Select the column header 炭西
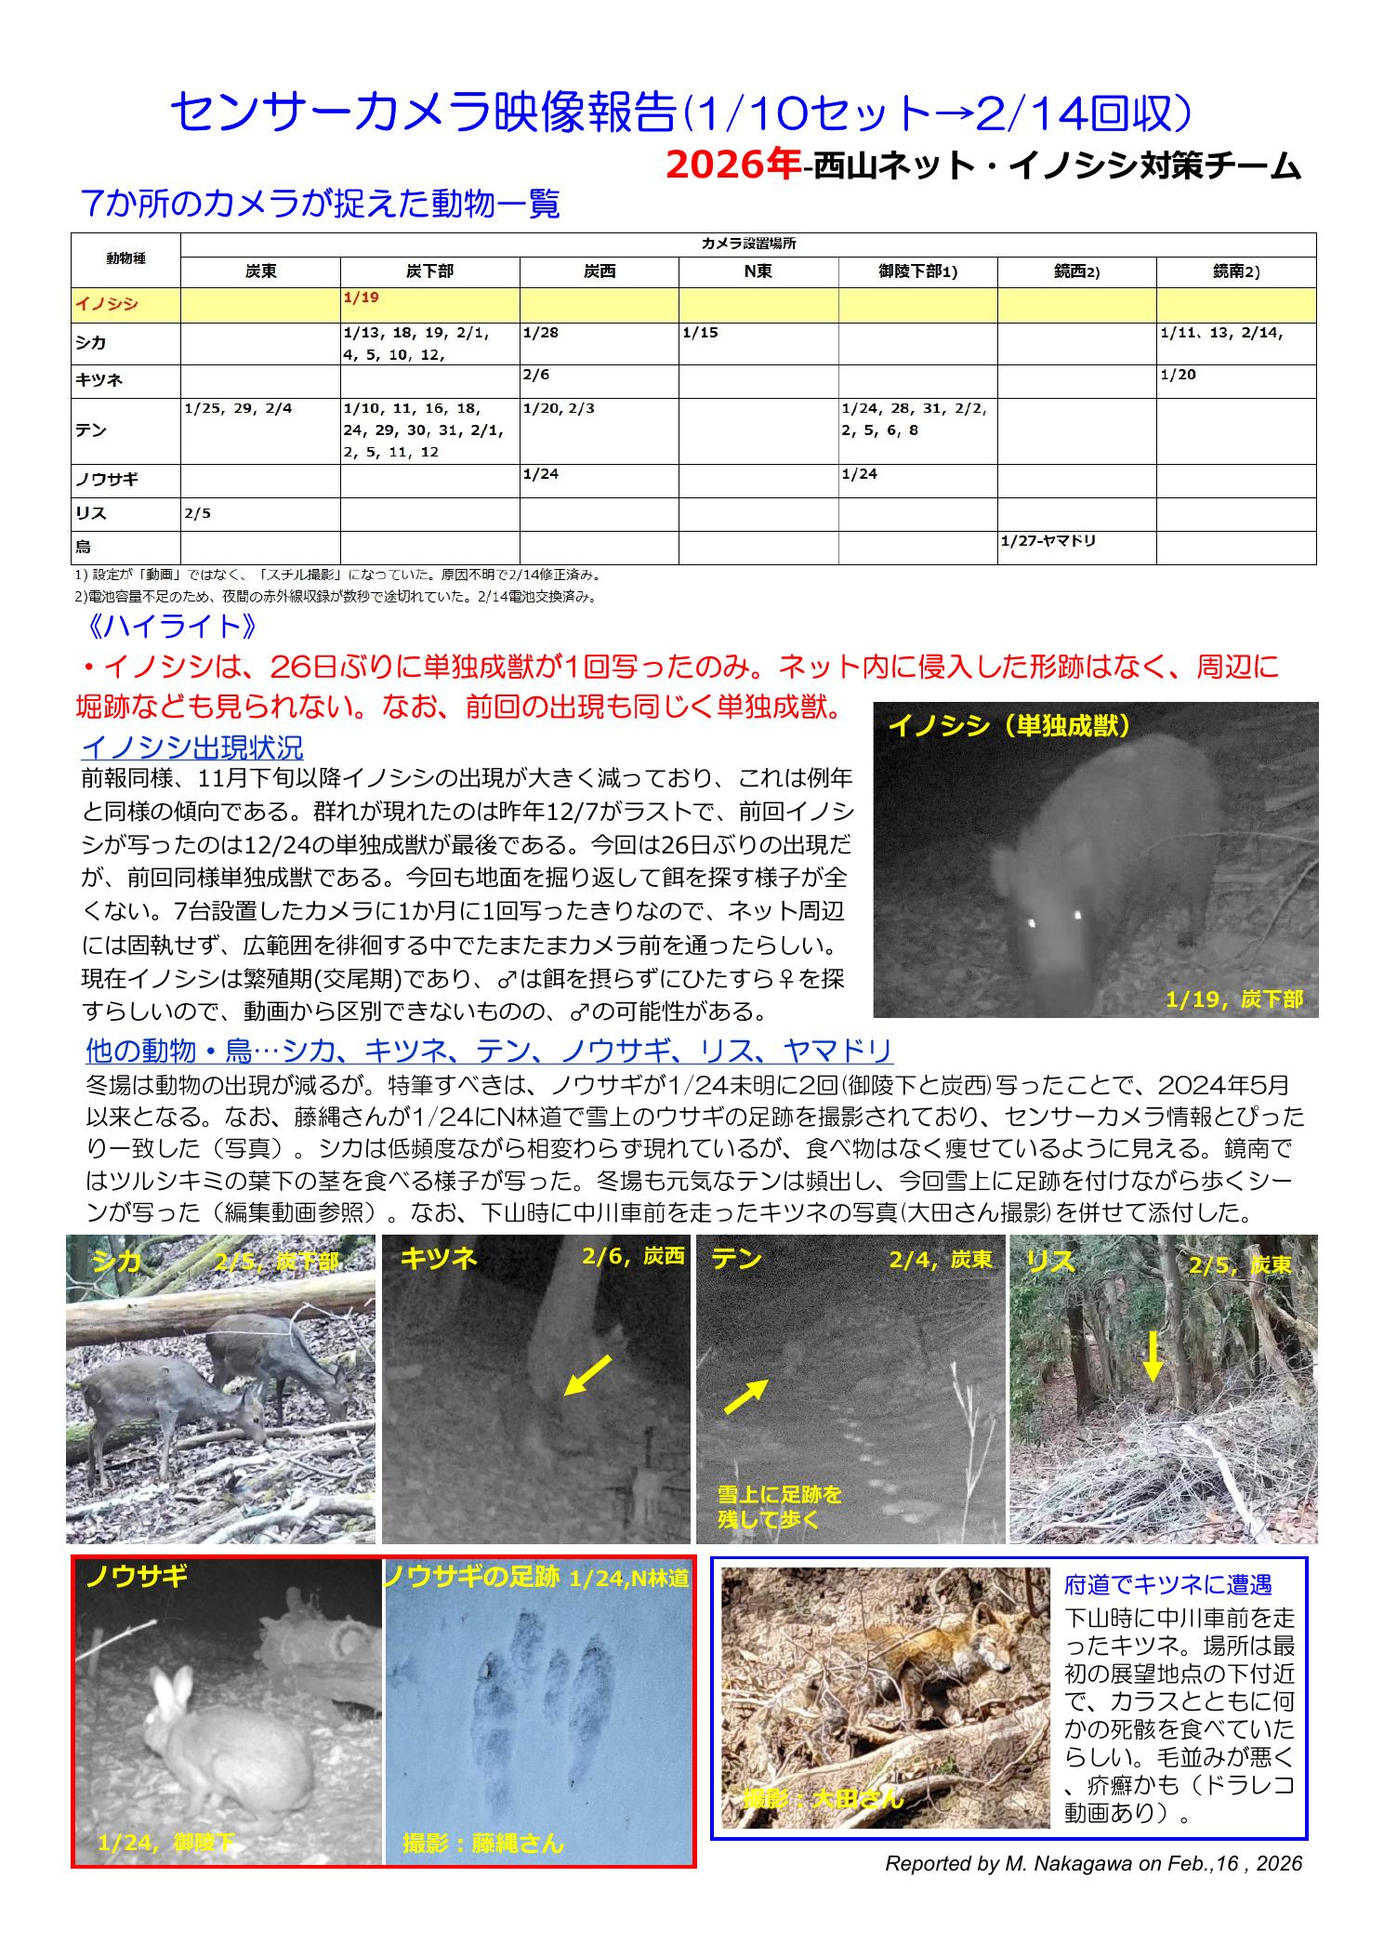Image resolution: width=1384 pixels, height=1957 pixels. click(x=599, y=272)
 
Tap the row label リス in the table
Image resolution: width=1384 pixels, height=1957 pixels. click(x=91, y=514)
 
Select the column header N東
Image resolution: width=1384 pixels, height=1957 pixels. click(x=758, y=272)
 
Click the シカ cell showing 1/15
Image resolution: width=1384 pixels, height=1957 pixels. click(x=699, y=332)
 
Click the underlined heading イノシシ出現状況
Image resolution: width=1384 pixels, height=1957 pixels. click(x=192, y=747)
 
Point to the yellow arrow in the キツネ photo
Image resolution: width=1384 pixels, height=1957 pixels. click(x=587, y=1375)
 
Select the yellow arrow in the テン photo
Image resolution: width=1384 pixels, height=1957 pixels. click(x=745, y=1395)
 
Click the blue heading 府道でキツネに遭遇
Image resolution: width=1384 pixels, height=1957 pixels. click(x=1167, y=1583)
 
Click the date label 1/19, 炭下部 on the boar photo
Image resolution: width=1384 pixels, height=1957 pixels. click(x=1234, y=999)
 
